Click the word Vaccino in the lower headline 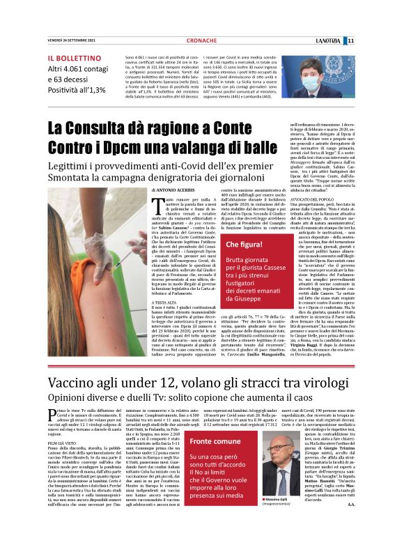(79, 382)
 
